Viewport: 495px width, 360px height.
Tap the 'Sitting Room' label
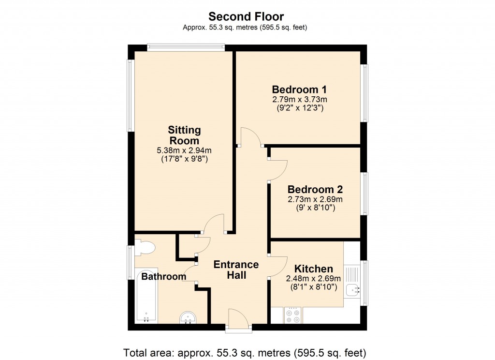click(184, 135)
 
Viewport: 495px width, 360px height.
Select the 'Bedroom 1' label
click(299, 90)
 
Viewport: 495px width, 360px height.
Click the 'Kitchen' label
click(314, 269)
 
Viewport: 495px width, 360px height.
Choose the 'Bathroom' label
click(163, 277)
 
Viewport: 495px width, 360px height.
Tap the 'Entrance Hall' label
click(236, 270)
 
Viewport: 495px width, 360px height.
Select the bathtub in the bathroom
click(146, 295)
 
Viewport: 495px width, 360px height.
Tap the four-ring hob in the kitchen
click(293, 315)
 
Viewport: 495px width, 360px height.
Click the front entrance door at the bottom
click(238, 321)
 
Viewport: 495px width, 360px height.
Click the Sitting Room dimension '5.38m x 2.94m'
click(184, 150)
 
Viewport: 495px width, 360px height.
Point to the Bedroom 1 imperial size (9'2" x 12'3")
click(299, 108)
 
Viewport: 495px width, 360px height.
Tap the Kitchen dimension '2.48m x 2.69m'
click(313, 279)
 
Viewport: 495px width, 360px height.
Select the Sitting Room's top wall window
click(186, 47)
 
